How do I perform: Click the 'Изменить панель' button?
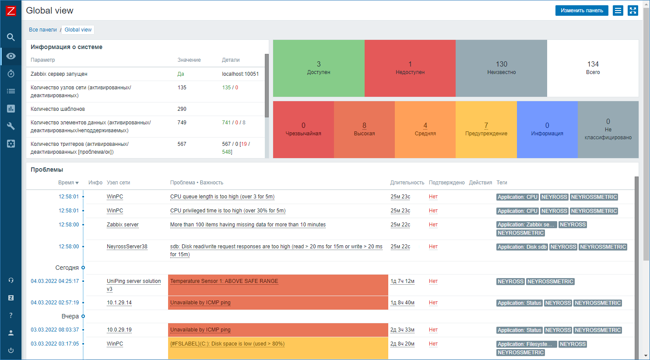click(582, 11)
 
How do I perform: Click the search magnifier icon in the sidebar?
click(11, 37)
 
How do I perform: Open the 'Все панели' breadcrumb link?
click(43, 30)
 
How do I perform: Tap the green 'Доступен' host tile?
click(319, 68)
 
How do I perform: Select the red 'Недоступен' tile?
click(410, 68)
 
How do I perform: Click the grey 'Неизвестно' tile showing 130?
click(502, 68)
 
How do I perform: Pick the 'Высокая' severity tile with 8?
click(364, 129)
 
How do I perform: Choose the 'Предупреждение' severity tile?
click(486, 129)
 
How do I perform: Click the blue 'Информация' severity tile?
click(547, 129)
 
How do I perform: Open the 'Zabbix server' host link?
click(123, 225)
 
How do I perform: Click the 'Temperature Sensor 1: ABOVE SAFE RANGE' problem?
click(224, 281)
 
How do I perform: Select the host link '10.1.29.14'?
click(119, 303)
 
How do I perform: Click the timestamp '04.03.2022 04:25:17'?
click(55, 281)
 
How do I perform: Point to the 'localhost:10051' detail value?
click(240, 74)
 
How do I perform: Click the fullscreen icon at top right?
click(633, 11)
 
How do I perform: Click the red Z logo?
click(11, 11)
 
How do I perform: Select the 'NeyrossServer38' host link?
click(127, 247)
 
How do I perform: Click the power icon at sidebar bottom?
click(11, 350)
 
